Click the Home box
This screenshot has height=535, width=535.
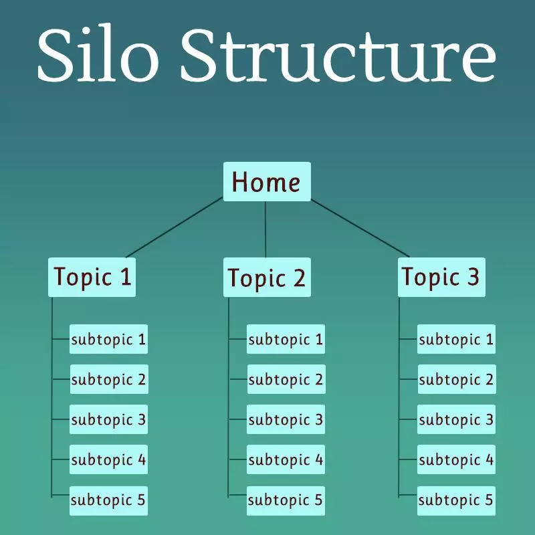[x=267, y=181]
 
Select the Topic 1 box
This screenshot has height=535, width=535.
[x=92, y=277]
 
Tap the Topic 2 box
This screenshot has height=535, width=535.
[x=267, y=277]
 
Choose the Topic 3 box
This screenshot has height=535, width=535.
[x=441, y=277]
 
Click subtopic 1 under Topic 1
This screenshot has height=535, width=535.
[x=108, y=339]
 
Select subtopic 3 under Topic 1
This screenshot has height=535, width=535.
[x=108, y=419]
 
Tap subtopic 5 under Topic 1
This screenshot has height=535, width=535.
[x=108, y=500]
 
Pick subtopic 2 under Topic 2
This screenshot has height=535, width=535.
[x=286, y=379]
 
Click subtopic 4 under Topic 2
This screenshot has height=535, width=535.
[x=286, y=459]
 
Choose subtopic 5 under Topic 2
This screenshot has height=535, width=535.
[x=286, y=500]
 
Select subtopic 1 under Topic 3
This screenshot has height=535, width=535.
[x=456, y=339]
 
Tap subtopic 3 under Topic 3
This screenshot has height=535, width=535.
[x=456, y=419]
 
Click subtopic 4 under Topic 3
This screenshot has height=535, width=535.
[x=456, y=459]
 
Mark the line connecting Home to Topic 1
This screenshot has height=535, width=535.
[x=175, y=227]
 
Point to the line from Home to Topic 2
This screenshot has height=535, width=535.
[x=265, y=229]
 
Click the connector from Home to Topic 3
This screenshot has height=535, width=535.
[x=360, y=228]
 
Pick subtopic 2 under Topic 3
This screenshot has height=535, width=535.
[x=457, y=379]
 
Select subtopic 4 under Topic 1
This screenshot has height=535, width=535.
[x=108, y=459]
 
